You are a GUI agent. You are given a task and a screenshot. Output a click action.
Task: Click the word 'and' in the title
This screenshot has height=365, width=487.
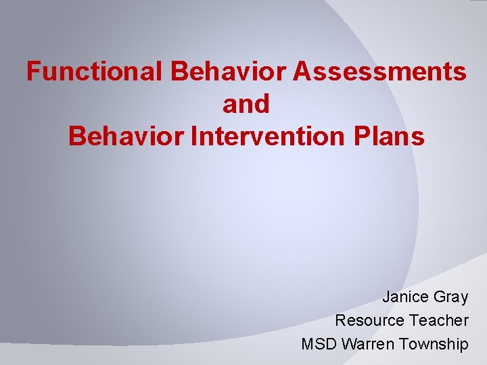click(x=246, y=104)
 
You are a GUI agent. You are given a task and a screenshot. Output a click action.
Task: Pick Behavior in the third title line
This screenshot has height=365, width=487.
click(x=128, y=137)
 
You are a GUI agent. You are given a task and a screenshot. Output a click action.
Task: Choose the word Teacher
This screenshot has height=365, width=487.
click(x=438, y=320)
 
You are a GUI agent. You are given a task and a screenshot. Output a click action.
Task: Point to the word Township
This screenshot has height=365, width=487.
click(x=434, y=344)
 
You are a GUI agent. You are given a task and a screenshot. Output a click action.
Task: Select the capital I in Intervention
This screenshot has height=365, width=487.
click(x=195, y=137)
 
